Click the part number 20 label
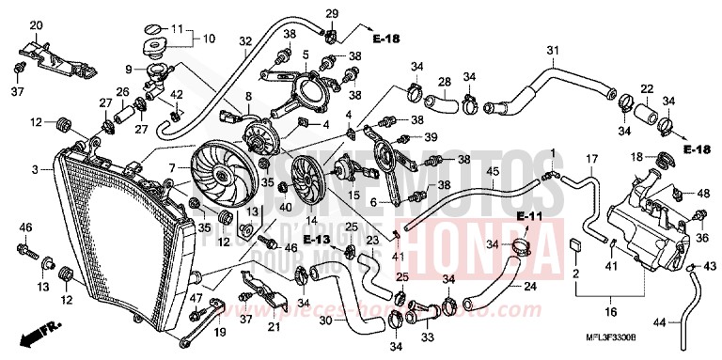(x=37, y=25)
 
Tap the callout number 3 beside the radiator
(x=35, y=170)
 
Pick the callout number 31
(x=553, y=50)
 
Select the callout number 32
(x=245, y=40)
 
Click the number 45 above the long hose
(x=491, y=171)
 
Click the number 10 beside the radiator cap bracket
(x=208, y=39)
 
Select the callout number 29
(x=332, y=11)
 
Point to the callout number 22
(x=647, y=89)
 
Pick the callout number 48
(x=701, y=194)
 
